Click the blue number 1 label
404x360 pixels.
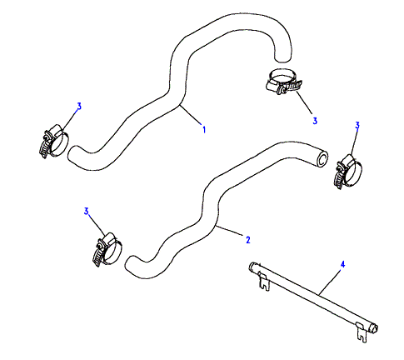204,129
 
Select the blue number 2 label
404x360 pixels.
248,239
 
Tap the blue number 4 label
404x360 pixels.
342,264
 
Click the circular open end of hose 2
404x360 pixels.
322,160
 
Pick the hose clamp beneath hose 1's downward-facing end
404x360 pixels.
283,82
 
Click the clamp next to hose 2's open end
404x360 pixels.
348,172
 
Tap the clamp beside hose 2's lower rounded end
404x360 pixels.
107,249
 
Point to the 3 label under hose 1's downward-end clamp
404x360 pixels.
315,121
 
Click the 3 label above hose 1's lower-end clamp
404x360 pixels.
79,107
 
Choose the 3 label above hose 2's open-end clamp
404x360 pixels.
357,125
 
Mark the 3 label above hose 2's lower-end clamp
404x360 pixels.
86,211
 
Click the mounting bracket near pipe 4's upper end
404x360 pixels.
264,282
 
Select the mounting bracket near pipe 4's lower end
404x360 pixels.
362,332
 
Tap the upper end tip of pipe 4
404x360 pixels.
251,267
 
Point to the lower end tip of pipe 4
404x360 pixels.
376,329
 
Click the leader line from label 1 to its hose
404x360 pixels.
191,114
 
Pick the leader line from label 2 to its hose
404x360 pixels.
229,232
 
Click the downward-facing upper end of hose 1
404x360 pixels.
282,58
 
